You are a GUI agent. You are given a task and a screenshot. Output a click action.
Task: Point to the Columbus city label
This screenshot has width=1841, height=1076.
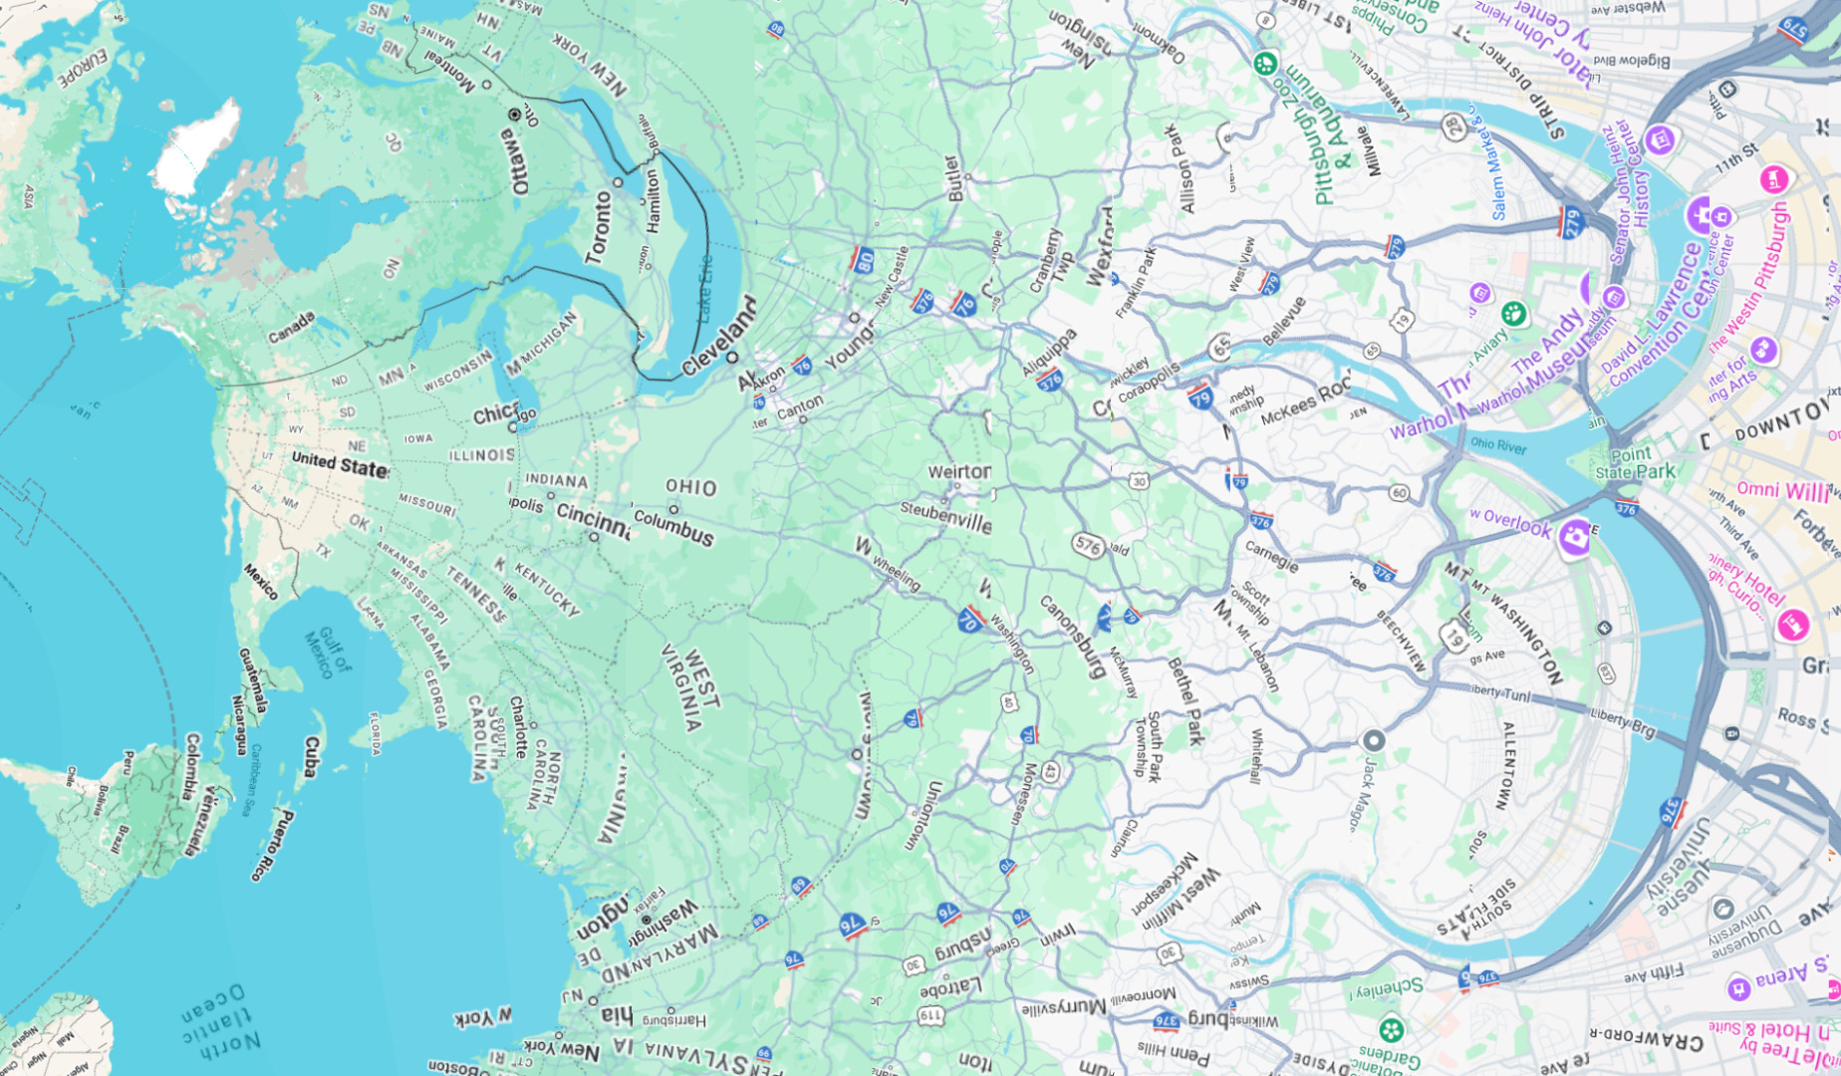[x=674, y=527]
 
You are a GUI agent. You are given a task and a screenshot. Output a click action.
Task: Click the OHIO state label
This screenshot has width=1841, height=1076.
[x=691, y=487]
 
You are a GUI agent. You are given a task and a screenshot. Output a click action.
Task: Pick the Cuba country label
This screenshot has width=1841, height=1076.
[x=311, y=756]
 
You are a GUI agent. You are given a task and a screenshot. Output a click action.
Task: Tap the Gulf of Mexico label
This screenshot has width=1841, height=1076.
[x=328, y=653]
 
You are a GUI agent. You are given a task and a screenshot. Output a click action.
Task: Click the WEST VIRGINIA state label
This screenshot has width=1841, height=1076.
[x=688, y=688]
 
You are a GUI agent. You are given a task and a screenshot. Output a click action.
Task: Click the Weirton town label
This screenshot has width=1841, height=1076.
[x=959, y=471]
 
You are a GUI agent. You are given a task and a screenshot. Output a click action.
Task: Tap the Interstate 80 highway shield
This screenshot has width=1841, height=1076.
[x=863, y=260]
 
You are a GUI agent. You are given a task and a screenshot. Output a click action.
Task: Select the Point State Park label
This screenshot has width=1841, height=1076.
[x=1635, y=463]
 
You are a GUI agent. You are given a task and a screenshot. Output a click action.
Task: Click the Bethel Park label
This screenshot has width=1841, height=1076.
[x=1185, y=700]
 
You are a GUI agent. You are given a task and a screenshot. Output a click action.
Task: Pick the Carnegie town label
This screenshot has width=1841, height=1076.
[x=1271, y=556]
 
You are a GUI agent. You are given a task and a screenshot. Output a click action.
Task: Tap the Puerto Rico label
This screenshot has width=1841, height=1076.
[x=271, y=845]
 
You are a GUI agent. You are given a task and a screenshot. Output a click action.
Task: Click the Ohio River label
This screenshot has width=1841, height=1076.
[x=1498, y=444]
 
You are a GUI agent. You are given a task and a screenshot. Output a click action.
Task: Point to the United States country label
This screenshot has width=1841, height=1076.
[x=339, y=463]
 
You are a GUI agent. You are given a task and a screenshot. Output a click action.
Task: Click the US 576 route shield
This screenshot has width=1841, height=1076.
[x=1088, y=545]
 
